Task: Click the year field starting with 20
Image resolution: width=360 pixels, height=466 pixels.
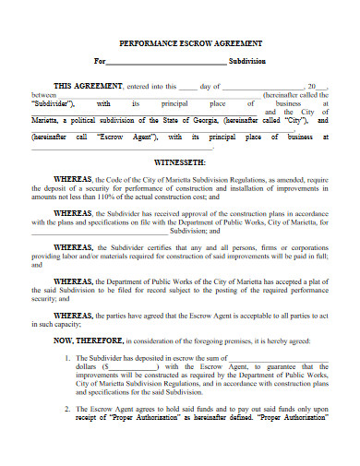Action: (318, 85)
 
